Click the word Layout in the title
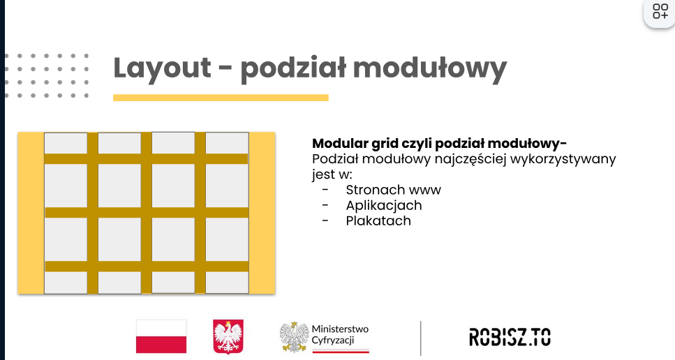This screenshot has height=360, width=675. pyautogui.click(x=162, y=68)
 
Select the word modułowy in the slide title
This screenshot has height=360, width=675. pyautogui.click(x=430, y=68)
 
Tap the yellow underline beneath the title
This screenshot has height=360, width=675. pyautogui.click(x=221, y=98)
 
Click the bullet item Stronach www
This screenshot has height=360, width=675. pyautogui.click(x=394, y=190)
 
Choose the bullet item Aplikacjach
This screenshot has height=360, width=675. pyautogui.click(x=384, y=206)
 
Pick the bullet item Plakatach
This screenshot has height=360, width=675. pyautogui.click(x=378, y=220)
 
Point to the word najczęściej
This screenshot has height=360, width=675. pyautogui.click(x=470, y=159)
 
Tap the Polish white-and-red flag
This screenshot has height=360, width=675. pyautogui.click(x=161, y=336)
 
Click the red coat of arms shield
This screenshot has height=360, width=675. pyautogui.click(x=228, y=336)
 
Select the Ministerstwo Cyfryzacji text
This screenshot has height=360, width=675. pyautogui.click(x=340, y=335)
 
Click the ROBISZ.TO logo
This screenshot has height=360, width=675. pyautogui.click(x=510, y=337)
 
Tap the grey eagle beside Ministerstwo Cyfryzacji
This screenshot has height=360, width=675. pyautogui.click(x=294, y=337)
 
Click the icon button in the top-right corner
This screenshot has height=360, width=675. pyautogui.click(x=660, y=12)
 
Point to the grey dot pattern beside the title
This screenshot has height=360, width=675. pyautogui.click(x=47, y=76)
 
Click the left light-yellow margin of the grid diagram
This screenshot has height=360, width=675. pyautogui.click(x=31, y=213)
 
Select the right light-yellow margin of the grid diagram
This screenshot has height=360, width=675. pyautogui.click(x=262, y=213)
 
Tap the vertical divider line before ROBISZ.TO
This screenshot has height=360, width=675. pyautogui.click(x=421, y=338)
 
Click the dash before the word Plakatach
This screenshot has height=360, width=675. pyautogui.click(x=325, y=220)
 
